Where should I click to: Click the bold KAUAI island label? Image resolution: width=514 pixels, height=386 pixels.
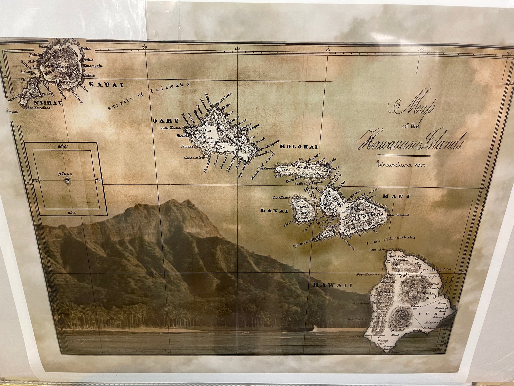[x=106, y=85]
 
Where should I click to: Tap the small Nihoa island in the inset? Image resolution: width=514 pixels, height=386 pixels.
[x=68, y=181]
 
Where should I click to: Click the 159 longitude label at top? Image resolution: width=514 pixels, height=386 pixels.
[x=144, y=47]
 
